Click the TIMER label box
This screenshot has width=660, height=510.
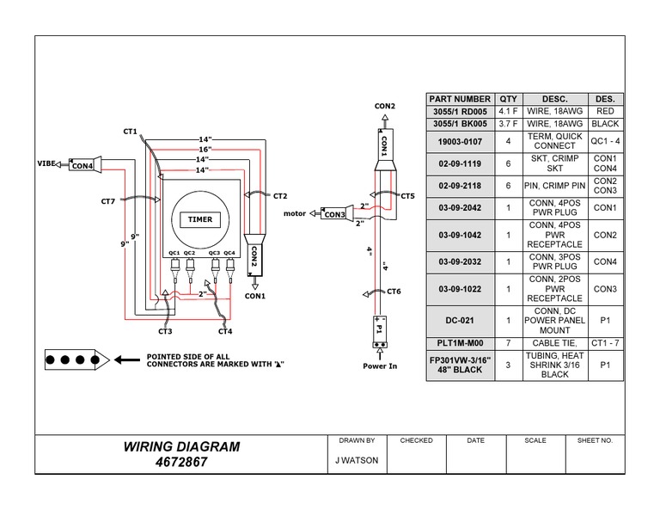pyautogui.click(x=199, y=219)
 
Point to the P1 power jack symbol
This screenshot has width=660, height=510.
pyautogui.click(x=379, y=328)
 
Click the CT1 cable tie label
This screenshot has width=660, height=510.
pyautogui.click(x=130, y=132)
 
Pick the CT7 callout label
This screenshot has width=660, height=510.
pyautogui.click(x=107, y=201)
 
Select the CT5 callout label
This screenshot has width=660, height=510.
pyautogui.click(x=406, y=196)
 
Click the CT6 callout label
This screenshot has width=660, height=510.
pyautogui.click(x=394, y=292)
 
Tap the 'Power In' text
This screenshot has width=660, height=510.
pyautogui.click(x=381, y=366)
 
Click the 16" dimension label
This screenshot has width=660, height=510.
pyautogui.click(x=205, y=149)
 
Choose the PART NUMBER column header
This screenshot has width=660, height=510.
pyautogui.click(x=460, y=99)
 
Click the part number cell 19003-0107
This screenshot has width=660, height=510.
pyautogui.click(x=460, y=140)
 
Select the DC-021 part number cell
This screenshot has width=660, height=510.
pyautogui.click(x=460, y=320)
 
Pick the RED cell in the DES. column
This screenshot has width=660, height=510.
pyautogui.click(x=604, y=111)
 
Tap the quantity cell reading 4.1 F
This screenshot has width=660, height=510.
pyautogui.click(x=509, y=111)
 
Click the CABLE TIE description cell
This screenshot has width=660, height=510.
pyautogui.click(x=554, y=342)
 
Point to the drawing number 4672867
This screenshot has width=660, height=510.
pyautogui.click(x=181, y=462)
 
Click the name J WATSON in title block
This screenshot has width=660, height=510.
pyautogui.click(x=357, y=460)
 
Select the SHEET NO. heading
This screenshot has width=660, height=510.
pyautogui.click(x=595, y=440)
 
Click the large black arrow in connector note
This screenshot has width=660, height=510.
pyautogui.click(x=128, y=359)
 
